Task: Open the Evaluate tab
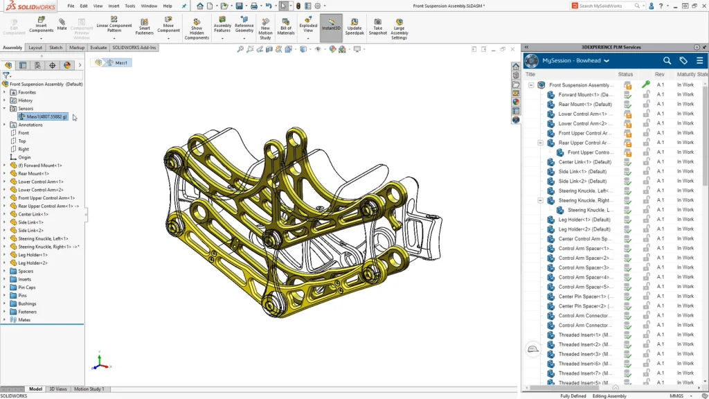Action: [98, 48]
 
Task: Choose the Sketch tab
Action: [55, 48]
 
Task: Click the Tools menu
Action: [129, 6]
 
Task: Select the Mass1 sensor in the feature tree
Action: [46, 117]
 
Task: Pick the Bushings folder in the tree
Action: [27, 303]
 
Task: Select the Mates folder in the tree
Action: [24, 320]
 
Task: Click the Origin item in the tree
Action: [24, 157]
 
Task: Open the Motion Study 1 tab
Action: [89, 389]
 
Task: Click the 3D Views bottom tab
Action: [58, 389]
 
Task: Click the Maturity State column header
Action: [692, 74]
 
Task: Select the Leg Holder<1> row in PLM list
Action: [584, 220]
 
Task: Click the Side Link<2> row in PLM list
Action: [582, 181]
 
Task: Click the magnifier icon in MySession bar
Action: [667, 60]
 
